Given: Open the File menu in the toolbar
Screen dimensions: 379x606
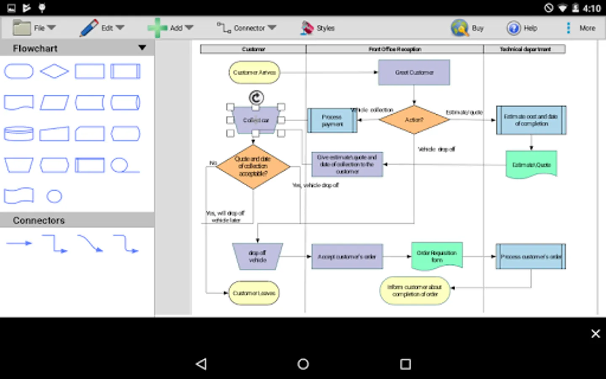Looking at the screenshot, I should click(34, 28).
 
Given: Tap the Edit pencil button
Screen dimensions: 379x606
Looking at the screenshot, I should click(101, 28).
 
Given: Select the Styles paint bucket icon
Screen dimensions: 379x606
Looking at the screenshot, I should click(308, 28).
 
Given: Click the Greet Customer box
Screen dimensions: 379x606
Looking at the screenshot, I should click(414, 72).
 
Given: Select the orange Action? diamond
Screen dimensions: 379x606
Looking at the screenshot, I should click(414, 120).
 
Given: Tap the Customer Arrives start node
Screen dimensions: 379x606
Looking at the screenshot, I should click(254, 72).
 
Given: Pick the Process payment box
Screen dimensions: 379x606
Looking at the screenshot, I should click(332, 120).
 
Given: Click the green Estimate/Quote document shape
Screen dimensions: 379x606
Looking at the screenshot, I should click(531, 165).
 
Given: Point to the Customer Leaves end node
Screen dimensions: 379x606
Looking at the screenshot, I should click(254, 293).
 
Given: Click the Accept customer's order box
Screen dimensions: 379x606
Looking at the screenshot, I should click(347, 256).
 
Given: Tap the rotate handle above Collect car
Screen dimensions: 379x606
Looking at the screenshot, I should click(256, 98).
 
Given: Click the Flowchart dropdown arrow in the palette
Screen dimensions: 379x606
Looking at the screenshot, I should click(142, 48).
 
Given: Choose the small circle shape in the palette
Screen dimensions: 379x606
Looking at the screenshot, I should click(54, 196).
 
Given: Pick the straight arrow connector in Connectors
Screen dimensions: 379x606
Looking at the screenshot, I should click(19, 243).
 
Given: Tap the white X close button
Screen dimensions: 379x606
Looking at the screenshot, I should click(595, 334).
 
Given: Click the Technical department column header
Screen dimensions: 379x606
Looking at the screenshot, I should click(525, 49).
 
